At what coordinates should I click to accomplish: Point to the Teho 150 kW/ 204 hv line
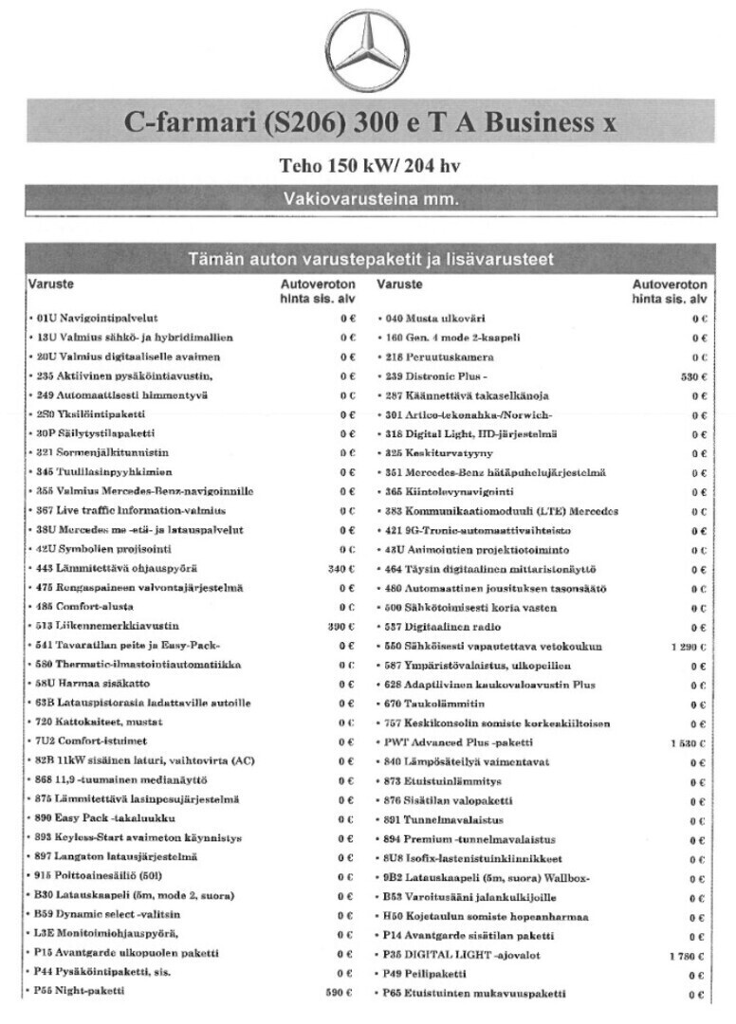tap(370, 165)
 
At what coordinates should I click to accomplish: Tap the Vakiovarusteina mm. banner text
tap(370, 200)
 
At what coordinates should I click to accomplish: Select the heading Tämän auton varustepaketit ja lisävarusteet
tap(370, 260)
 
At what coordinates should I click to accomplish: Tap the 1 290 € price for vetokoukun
tap(689, 647)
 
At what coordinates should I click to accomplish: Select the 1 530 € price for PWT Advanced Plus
tap(689, 742)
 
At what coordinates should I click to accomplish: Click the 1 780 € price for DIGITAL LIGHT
tap(689, 955)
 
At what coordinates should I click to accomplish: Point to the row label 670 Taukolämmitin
tap(434, 704)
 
